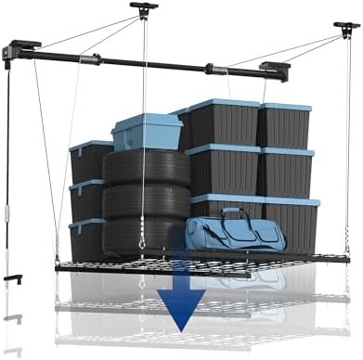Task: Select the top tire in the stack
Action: tap(146, 166)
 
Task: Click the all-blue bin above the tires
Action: tap(146, 130)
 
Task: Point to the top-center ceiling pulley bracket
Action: tap(144, 10)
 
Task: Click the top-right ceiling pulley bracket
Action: tap(346, 29)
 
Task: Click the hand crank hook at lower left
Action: tap(12, 277)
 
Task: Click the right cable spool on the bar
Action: tap(215, 70)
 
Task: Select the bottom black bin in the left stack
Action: tap(86, 238)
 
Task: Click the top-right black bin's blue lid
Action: tap(283, 108)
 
